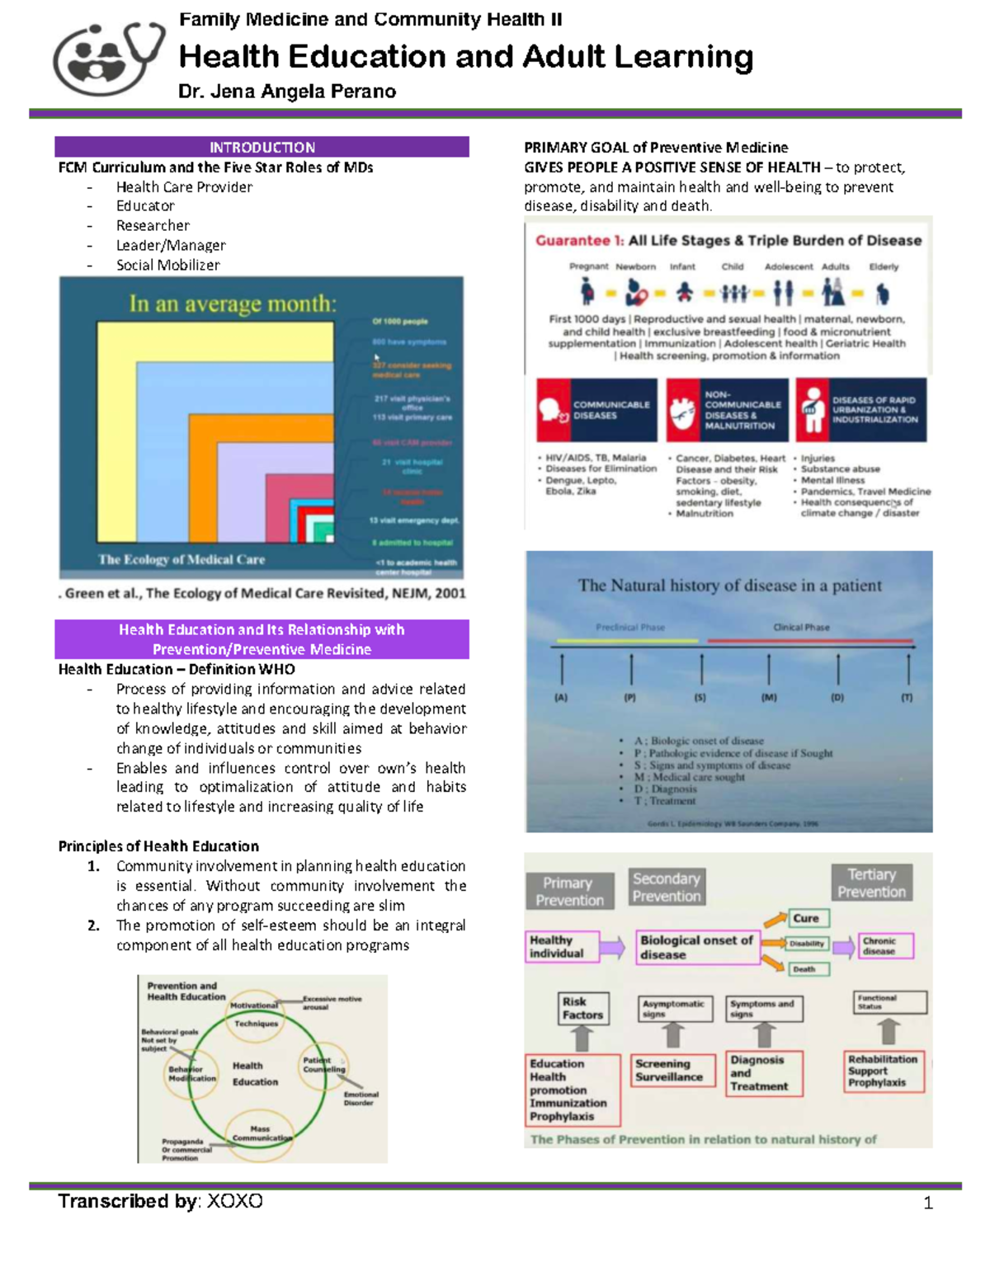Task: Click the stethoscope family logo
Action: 107,58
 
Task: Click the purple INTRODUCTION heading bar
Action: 262,147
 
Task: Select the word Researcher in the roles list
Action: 153,225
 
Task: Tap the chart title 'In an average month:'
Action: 233,304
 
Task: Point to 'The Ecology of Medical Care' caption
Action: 181,559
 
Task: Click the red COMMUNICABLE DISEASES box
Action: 596,410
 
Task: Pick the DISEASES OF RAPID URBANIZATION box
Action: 861,410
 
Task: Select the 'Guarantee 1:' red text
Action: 579,240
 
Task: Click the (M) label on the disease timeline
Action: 769,697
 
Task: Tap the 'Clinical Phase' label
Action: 801,627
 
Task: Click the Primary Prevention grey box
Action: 569,891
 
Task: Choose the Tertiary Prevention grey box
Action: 871,883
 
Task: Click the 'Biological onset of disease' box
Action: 698,947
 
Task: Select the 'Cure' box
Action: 806,918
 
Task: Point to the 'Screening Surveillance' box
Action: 672,1070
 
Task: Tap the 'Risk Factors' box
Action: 582,1008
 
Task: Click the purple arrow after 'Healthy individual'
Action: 611,947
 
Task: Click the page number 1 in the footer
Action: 928,1203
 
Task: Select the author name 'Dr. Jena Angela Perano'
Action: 287,92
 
